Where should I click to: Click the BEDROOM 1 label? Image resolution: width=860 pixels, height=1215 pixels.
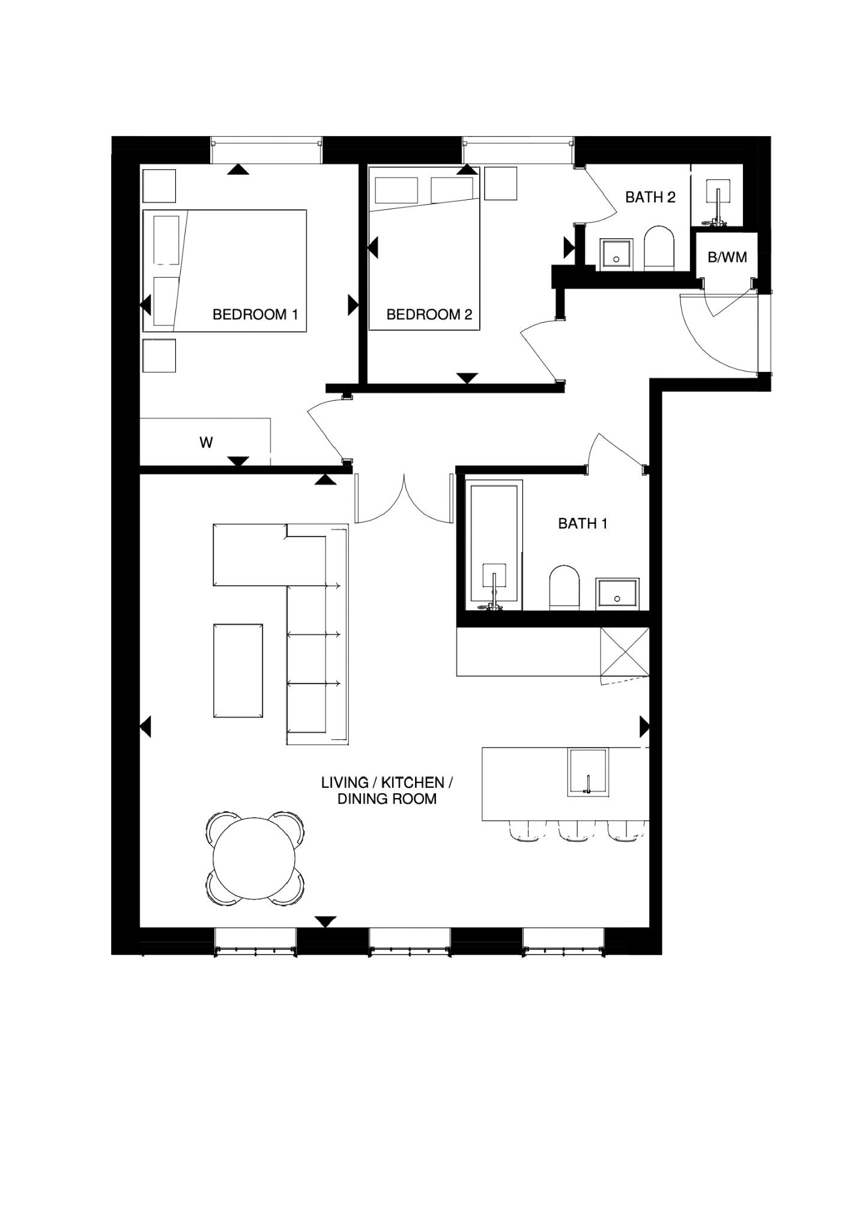[255, 314]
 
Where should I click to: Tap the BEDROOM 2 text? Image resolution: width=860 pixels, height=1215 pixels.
[429, 314]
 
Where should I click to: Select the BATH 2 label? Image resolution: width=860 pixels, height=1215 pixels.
[650, 197]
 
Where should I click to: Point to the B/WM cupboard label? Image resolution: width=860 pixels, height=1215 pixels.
[727, 257]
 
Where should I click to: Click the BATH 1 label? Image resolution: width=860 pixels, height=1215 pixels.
[583, 524]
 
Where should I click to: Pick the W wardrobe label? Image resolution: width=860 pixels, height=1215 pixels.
[206, 443]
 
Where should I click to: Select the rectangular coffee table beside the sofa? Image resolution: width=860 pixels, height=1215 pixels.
[238, 670]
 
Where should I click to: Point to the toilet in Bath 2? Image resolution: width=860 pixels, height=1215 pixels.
[659, 248]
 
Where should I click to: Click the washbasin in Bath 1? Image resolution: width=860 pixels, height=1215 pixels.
[617, 594]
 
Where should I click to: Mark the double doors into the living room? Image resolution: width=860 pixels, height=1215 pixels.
[404, 498]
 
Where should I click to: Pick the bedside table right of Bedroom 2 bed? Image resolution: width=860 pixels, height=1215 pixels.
[500, 183]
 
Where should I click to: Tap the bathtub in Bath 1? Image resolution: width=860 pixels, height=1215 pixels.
[495, 545]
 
